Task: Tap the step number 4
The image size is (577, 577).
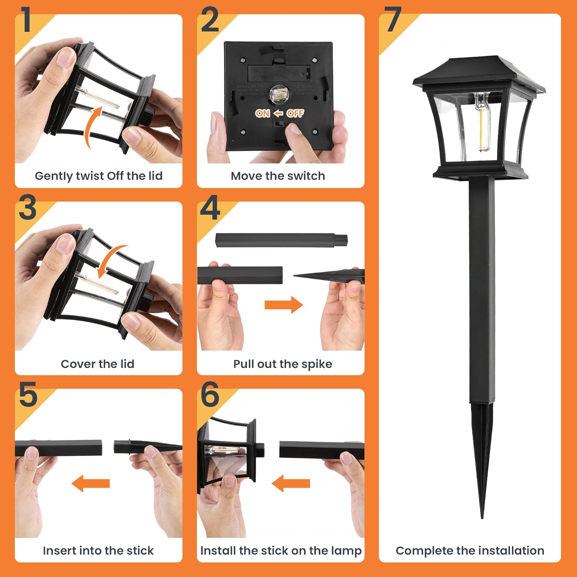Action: point(210,207)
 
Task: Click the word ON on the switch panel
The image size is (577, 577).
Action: point(263,113)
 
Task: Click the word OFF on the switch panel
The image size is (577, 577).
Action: point(295,113)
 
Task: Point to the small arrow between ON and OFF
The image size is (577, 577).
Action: point(278,113)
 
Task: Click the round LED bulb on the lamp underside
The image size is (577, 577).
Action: point(277,93)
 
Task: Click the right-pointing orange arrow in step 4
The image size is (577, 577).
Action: point(283,305)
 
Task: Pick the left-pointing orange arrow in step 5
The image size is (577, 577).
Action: point(91,483)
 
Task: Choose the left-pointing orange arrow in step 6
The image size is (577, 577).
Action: point(291,483)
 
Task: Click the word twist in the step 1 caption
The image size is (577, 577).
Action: point(90,176)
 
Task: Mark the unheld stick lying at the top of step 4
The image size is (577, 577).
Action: point(282,240)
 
